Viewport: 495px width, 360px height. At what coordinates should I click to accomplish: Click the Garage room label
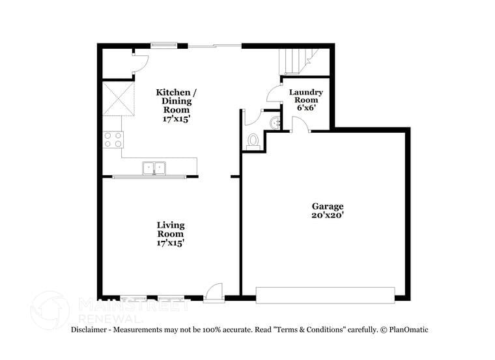(327, 206)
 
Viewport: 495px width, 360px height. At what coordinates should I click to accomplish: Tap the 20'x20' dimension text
(327, 215)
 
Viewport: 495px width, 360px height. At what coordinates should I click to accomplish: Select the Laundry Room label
(305, 96)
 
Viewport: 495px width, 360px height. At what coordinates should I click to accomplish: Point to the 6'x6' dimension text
(305, 108)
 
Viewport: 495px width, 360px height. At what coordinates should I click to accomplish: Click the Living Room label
(170, 229)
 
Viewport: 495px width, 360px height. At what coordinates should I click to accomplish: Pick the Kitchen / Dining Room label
(176, 101)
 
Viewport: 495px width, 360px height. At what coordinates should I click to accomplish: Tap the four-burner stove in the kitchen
(113, 139)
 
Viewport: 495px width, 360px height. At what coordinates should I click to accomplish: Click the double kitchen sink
(154, 169)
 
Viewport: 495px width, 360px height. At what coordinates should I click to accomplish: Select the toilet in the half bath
(253, 141)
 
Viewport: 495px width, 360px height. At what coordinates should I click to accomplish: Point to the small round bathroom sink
(274, 122)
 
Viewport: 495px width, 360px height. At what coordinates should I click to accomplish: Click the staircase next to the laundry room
(294, 61)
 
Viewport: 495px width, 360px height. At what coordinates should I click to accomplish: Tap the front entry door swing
(213, 292)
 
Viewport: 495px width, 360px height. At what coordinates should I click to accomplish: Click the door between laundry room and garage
(299, 125)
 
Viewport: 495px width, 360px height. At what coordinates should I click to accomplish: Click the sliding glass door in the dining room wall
(215, 46)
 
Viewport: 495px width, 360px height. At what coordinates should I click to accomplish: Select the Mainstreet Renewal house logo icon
(51, 309)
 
